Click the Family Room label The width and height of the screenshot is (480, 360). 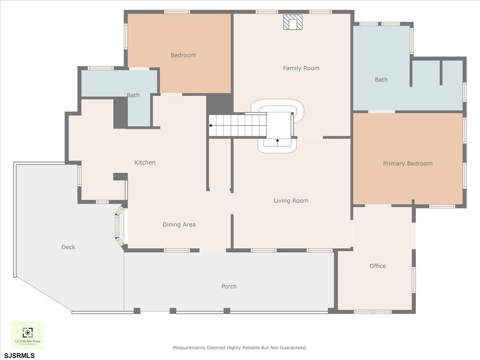tap(301, 68)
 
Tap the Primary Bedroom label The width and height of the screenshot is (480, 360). tap(408, 164)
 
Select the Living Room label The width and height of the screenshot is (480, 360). tap(291, 201)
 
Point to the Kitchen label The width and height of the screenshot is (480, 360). tap(145, 162)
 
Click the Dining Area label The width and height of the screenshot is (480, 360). tap(179, 225)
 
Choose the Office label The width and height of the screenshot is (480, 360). tap(378, 266)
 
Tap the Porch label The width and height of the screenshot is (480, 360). tap(229, 286)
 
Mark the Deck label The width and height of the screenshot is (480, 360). tap(68, 247)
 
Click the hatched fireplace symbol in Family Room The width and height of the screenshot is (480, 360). tap(293, 22)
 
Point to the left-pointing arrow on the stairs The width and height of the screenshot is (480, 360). tap(211, 126)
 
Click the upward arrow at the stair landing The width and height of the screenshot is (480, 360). tap(278, 140)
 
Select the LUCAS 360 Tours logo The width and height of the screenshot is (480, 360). tap(27, 335)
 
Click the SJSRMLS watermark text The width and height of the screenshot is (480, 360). tap(19, 355)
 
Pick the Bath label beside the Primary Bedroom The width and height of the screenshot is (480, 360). tap(381, 80)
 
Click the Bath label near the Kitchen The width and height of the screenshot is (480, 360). tap(133, 95)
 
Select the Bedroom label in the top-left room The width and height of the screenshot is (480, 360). tap(183, 55)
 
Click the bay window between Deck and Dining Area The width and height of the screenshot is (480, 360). tap(118, 226)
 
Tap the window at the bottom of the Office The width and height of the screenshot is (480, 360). tap(372, 312)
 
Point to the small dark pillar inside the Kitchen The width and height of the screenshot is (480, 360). tap(120, 176)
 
